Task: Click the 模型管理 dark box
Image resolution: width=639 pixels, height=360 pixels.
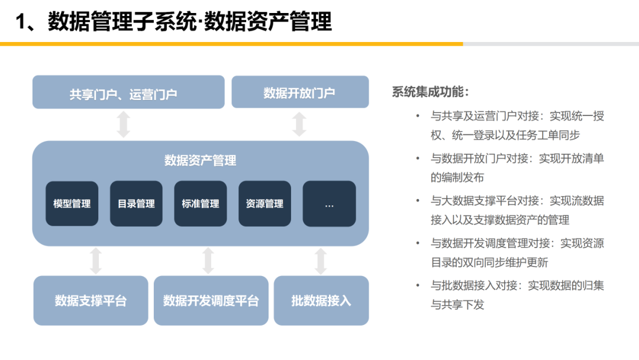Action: pyautogui.click(x=72, y=204)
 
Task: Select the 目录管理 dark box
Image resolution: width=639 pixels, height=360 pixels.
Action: pyautogui.click(x=136, y=204)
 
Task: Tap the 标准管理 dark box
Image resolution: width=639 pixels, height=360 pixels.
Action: pyautogui.click(x=201, y=204)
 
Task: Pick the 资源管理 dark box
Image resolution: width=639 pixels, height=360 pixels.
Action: pyautogui.click(x=264, y=204)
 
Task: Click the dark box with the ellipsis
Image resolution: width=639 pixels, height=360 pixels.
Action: pyautogui.click(x=329, y=204)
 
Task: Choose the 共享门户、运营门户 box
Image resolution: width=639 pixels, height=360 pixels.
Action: pyautogui.click(x=128, y=92)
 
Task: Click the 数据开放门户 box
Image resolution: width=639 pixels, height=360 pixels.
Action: pyautogui.click(x=299, y=92)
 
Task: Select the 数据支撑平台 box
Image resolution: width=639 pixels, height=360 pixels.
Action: pyautogui.click(x=91, y=301)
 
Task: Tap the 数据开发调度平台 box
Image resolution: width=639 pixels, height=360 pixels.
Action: pyautogui.click(x=211, y=301)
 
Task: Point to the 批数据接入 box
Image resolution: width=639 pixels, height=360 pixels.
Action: pyautogui.click(x=321, y=301)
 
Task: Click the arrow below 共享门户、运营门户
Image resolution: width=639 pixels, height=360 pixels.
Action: pyautogui.click(x=123, y=124)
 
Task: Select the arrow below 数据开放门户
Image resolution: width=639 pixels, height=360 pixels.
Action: pyautogui.click(x=299, y=124)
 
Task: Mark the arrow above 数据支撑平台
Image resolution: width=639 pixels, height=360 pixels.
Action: pyautogui.click(x=96, y=261)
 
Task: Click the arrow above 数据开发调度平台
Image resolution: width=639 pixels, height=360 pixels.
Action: pyautogui.click(x=208, y=261)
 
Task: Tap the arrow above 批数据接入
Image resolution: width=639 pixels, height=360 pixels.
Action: pyautogui.click(x=321, y=261)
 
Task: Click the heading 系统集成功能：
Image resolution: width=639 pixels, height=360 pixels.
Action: pyautogui.click(x=430, y=92)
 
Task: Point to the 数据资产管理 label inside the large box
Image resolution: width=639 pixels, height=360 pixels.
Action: pyautogui.click(x=200, y=160)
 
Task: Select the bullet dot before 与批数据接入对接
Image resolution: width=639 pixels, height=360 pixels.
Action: pyautogui.click(x=418, y=285)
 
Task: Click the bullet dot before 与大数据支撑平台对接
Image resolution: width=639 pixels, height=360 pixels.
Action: pyautogui.click(x=418, y=201)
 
